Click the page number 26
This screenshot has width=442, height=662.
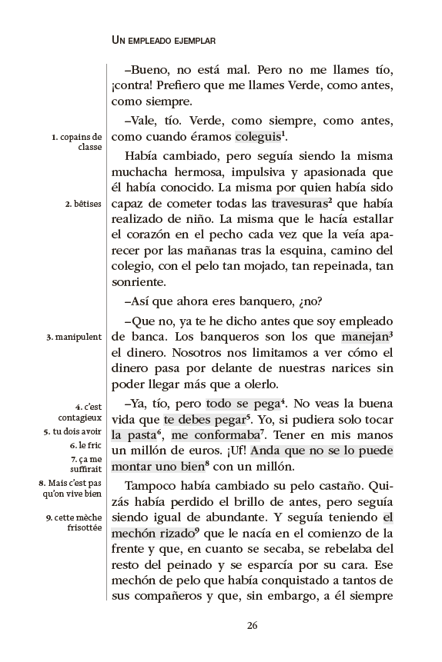252,624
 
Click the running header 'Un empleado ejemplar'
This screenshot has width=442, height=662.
163,38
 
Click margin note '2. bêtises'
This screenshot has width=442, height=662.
84,204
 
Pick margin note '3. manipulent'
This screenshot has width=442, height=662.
74,336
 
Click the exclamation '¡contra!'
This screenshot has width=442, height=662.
137,84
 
